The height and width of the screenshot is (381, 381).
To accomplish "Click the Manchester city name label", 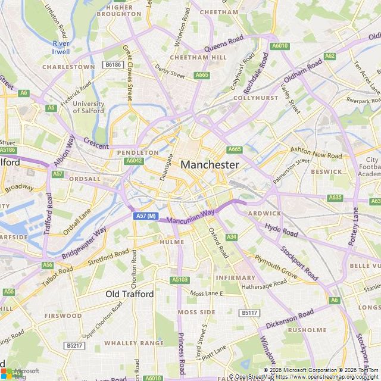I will [210, 164].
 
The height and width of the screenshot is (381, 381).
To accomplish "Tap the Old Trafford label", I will [129, 294].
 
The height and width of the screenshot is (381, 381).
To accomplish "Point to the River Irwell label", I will [61, 48].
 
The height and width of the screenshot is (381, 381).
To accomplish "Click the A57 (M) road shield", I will [145, 216].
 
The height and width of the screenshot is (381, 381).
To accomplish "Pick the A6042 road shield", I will [135, 161].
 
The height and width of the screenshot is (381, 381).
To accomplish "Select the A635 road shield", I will [335, 198].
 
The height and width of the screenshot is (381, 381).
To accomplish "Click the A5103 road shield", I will [179, 280].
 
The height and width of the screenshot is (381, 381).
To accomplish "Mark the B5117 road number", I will [250, 313].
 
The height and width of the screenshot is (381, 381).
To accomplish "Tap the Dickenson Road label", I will [290, 320].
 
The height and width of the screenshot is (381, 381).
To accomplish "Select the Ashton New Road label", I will [316, 152].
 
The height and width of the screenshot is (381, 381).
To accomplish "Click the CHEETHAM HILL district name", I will [190, 57].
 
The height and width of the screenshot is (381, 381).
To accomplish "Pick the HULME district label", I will [172, 242].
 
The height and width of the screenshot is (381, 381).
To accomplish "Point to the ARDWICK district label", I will [264, 213].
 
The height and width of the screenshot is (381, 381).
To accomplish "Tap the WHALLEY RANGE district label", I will [133, 343].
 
